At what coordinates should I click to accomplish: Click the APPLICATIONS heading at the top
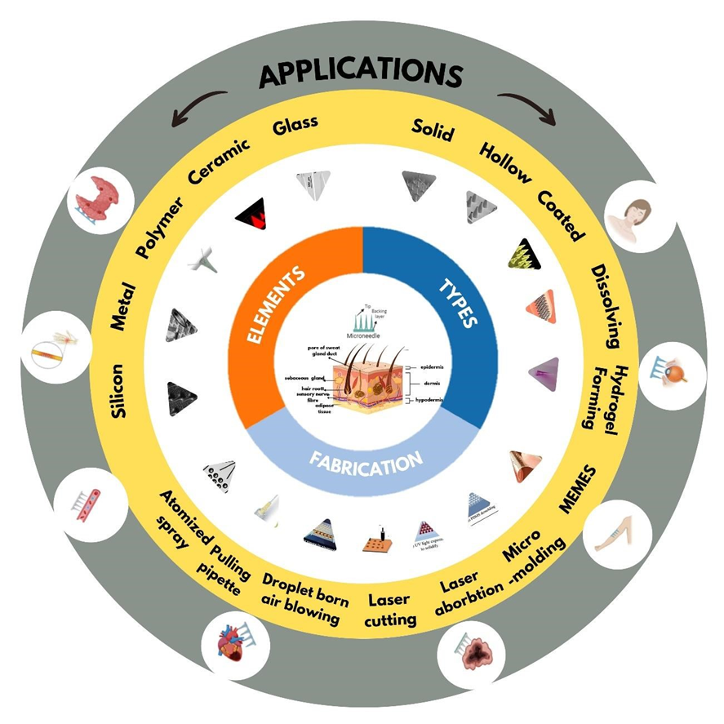coord(362,74)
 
